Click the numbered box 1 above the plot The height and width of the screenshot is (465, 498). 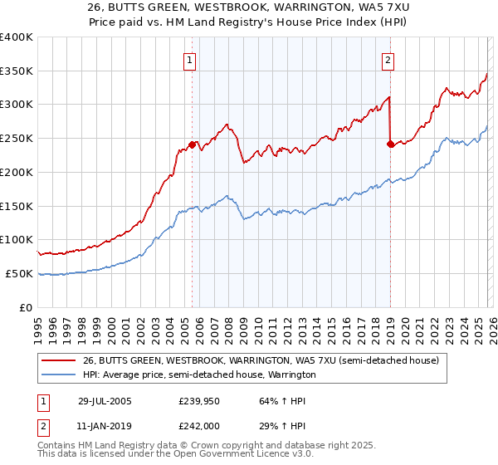tap(191, 60)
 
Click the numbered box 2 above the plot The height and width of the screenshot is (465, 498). tap(388, 60)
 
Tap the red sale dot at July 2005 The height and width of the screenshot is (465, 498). tap(192, 144)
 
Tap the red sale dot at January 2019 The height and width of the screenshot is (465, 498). tap(389, 143)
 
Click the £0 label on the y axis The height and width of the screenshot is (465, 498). tap(26, 307)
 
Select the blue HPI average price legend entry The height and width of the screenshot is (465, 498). tap(199, 375)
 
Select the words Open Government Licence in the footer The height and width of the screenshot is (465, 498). tap(225, 455)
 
